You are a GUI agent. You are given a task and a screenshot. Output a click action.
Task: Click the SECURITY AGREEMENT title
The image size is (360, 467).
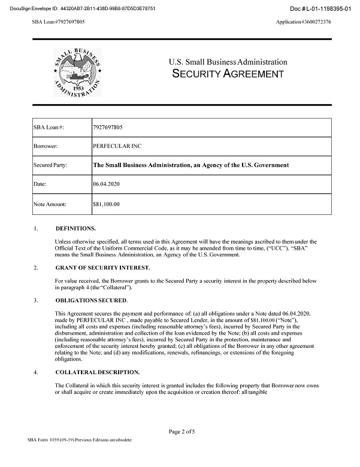[x=228, y=74]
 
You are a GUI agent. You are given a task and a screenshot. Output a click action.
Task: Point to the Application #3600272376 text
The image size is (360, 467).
[x=303, y=22]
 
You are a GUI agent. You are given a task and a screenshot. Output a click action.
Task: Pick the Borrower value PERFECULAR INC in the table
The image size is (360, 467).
[x=117, y=146]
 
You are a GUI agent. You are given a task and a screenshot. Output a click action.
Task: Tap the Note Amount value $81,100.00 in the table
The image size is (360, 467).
[x=107, y=204]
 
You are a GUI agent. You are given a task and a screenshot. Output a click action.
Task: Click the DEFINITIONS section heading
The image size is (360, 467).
[x=75, y=229]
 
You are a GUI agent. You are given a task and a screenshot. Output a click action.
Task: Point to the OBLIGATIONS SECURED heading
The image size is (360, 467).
[x=91, y=299]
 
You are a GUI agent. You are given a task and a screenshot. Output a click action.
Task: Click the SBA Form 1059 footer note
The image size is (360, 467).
[x=79, y=440]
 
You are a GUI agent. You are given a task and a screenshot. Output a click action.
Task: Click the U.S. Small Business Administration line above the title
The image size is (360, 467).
[x=228, y=62]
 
